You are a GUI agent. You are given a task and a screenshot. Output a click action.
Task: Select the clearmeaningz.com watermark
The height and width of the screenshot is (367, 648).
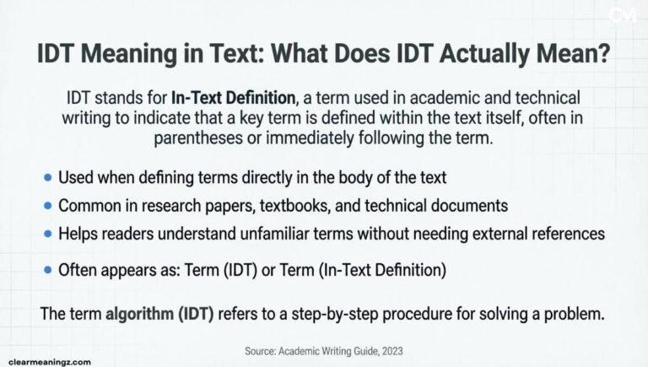click(x=47, y=359)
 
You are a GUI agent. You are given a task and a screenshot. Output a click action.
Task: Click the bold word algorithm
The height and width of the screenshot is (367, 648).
click(x=139, y=314)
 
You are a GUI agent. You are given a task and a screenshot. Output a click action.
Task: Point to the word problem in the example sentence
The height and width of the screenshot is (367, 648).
click(x=573, y=314)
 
